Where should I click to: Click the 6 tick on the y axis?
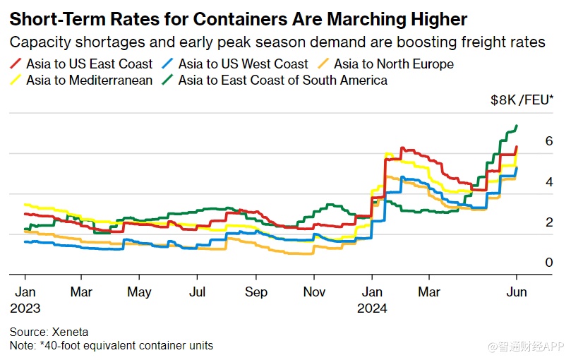pyautogui.click(x=529, y=141)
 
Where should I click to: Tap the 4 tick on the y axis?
pyautogui.click(x=529, y=182)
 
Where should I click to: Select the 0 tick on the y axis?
pyautogui.click(x=529, y=263)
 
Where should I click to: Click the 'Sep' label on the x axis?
pyautogui.click(x=256, y=292)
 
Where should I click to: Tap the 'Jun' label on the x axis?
pyautogui.click(x=517, y=292)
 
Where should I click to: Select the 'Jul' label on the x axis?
pyautogui.click(x=198, y=292)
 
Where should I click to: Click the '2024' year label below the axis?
pyautogui.click(x=372, y=308)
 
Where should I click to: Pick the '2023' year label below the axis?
pyautogui.click(x=25, y=308)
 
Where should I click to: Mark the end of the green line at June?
pyautogui.click(x=517, y=126)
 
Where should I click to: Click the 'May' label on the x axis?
pyautogui.click(x=140, y=292)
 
